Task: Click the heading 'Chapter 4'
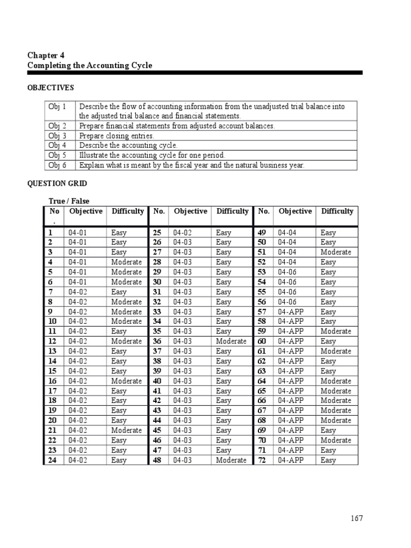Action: click(45, 55)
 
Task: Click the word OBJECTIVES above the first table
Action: click(50, 88)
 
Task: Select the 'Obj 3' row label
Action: click(57, 136)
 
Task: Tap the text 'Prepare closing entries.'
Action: click(116, 136)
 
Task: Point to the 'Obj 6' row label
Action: click(57, 165)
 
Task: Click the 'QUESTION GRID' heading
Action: click(57, 184)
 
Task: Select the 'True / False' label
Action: click(69, 201)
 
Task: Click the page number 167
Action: click(357, 519)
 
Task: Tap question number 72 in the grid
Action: click(262, 460)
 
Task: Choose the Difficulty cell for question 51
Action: click(336, 252)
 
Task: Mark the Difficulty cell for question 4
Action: click(126, 262)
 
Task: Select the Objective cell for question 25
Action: click(183, 233)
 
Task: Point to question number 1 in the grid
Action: click(50, 233)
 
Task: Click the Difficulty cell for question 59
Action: click(336, 331)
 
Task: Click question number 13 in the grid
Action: click(52, 351)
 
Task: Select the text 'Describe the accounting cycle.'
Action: click(128, 146)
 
